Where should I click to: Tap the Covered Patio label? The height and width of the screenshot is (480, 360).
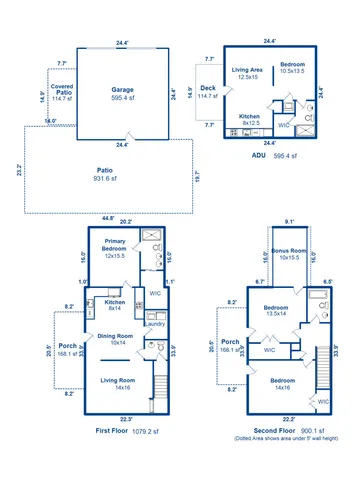coord(63,90)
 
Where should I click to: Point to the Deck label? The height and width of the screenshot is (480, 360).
coord(208,92)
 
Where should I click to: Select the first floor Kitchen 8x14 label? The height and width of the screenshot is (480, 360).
coord(115,305)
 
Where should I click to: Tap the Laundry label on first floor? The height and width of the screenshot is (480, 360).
coord(154,324)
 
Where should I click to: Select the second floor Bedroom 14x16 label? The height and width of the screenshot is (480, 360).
coord(283,384)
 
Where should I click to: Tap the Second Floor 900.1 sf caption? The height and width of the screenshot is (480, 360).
coord(283,431)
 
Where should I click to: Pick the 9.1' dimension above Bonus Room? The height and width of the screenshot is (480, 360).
coord(289,222)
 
